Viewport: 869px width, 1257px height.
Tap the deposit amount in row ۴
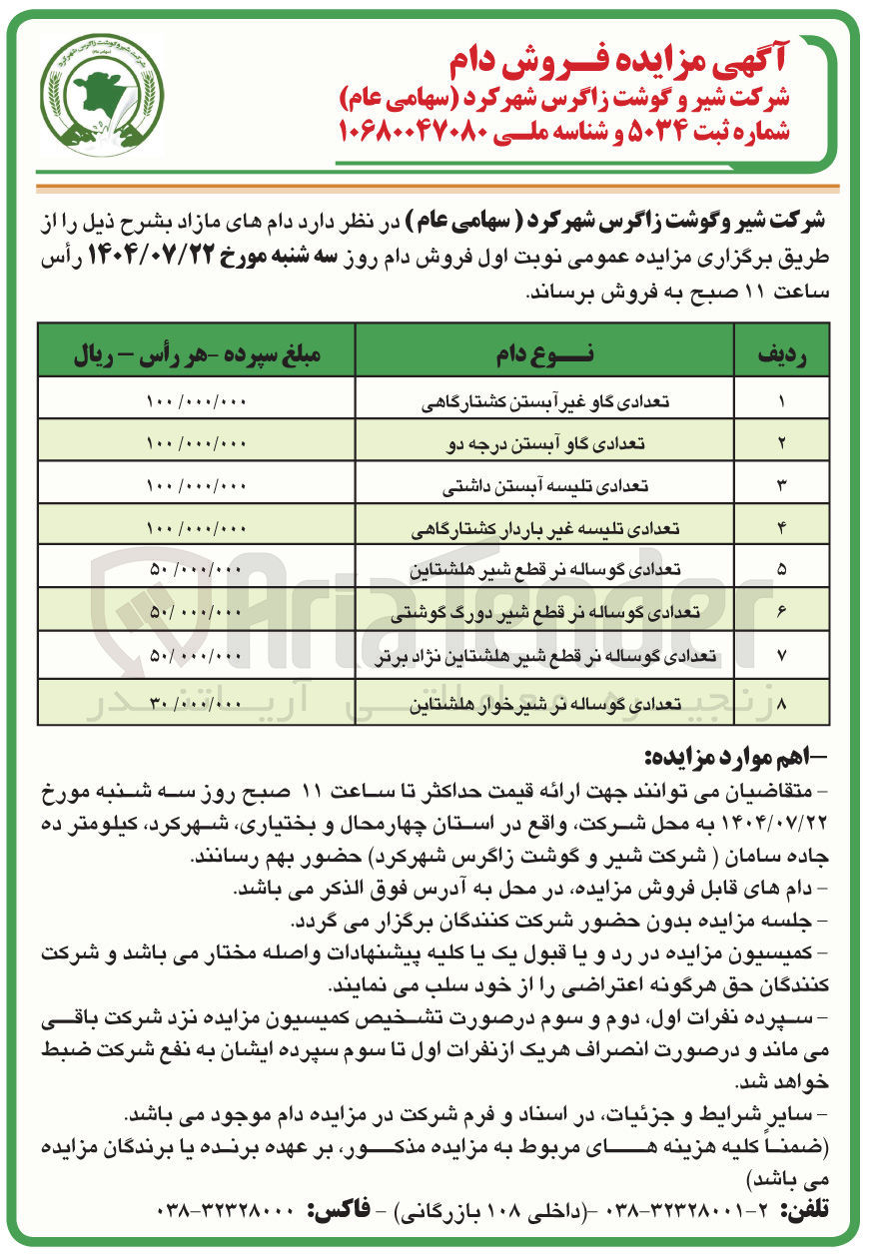tap(196, 527)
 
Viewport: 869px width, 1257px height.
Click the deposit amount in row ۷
tap(196, 654)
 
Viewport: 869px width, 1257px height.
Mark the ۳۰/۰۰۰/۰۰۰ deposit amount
tap(196, 703)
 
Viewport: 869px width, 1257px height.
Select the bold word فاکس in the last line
tap(340, 1210)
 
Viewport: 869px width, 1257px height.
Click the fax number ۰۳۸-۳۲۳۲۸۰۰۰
tap(228, 1210)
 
